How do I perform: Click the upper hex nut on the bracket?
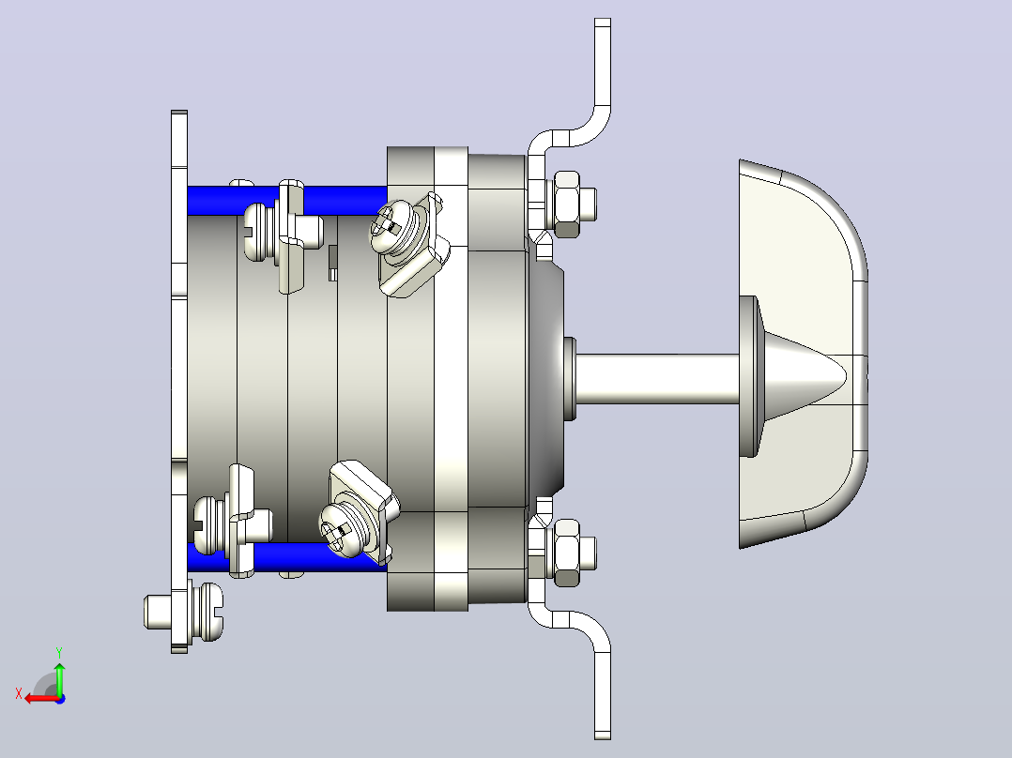click(x=566, y=205)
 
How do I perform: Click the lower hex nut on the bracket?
click(x=566, y=553)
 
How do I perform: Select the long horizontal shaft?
click(x=657, y=379)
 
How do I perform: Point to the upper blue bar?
click(x=287, y=200)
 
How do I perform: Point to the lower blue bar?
click(x=287, y=556)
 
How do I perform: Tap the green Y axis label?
click(x=59, y=653)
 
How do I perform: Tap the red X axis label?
click(x=19, y=694)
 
